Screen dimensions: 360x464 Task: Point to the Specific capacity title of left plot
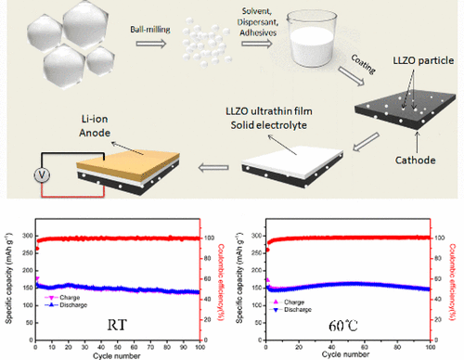(7, 277)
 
